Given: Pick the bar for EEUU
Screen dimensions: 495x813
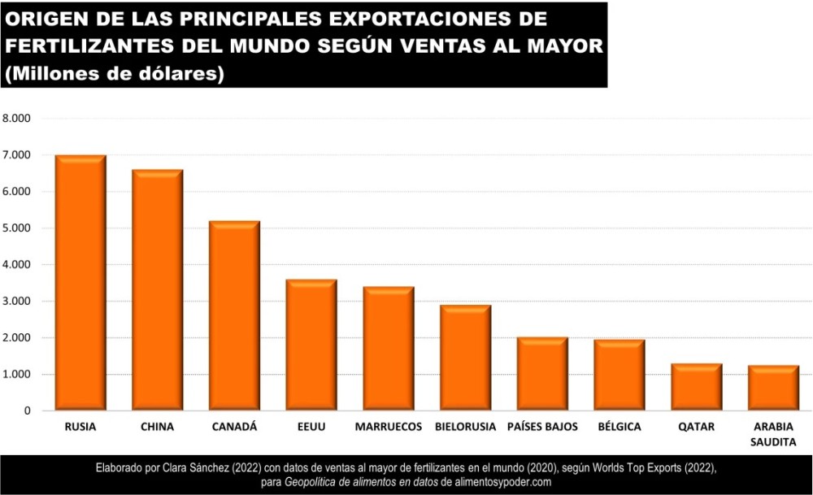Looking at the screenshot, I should click(x=311, y=345).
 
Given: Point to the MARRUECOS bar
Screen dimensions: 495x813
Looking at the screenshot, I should click(x=389, y=349).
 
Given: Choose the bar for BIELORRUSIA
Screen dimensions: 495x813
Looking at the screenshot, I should click(x=466, y=358).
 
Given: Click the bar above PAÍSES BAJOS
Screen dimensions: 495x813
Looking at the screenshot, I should click(x=542, y=374).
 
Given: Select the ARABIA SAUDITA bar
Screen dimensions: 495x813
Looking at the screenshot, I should click(x=774, y=388).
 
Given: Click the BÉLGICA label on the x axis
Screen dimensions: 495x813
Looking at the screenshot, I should click(x=620, y=426).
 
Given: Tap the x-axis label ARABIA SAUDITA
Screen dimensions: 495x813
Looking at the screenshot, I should click(x=774, y=434).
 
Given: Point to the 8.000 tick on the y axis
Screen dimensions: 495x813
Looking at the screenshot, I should click(x=17, y=119).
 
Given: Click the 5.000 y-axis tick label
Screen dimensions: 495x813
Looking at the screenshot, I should click(x=17, y=228).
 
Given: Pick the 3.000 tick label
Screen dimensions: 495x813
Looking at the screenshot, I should click(x=17, y=302).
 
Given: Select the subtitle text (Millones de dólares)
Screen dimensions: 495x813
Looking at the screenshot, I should click(x=115, y=73).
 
